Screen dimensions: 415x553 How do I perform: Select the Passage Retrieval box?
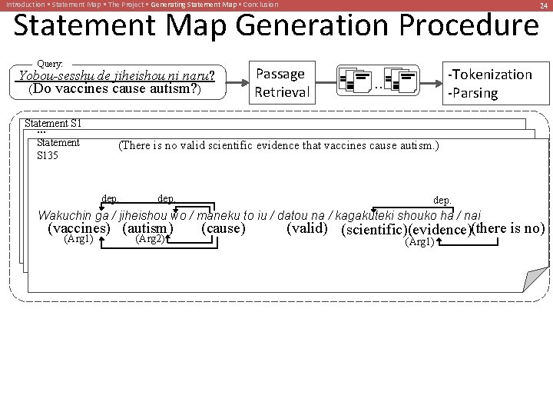coord(281,83)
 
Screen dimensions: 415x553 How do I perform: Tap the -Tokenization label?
coord(490,75)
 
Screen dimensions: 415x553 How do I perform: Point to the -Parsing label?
coord(474,93)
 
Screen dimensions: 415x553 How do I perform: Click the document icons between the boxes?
coord(378,80)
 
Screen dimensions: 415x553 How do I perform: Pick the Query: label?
coord(50,64)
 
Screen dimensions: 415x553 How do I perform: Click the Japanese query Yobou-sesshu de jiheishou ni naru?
coord(115,75)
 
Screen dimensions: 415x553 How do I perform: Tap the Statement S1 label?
coord(53,123)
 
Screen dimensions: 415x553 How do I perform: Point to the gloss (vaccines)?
coord(78,228)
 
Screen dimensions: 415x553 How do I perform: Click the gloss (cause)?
coord(223,228)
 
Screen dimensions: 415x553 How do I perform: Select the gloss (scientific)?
coord(373,230)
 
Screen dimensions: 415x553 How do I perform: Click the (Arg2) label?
coord(150,239)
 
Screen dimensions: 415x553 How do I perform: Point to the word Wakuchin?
coord(65,215)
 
